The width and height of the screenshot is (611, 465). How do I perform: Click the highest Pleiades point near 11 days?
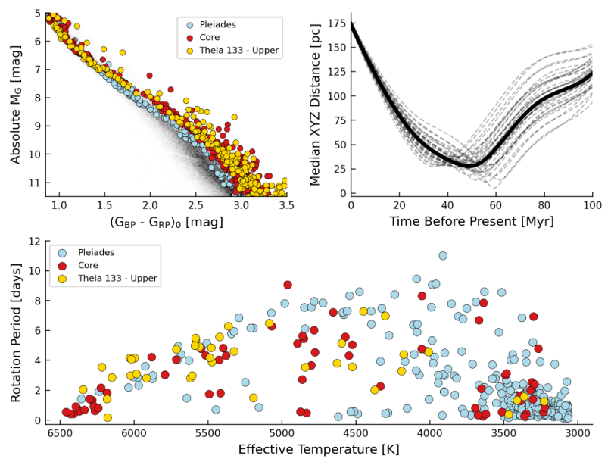click(x=443, y=256)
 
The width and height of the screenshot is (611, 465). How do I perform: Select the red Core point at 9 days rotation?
click(x=288, y=285)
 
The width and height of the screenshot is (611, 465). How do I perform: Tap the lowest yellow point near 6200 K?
click(x=108, y=417)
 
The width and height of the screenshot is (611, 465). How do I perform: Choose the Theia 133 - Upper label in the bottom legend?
click(x=117, y=278)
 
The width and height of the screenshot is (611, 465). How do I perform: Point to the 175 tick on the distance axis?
click(x=336, y=23)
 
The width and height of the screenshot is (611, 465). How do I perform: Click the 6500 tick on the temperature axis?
click(x=60, y=433)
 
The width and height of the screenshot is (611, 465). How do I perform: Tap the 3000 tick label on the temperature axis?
click(x=578, y=433)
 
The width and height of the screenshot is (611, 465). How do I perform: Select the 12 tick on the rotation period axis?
click(x=35, y=242)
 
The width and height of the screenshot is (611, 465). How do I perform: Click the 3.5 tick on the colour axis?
click(x=286, y=205)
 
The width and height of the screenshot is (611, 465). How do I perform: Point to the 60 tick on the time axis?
click(x=496, y=205)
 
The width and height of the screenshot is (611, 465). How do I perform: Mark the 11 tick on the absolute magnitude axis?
click(x=35, y=183)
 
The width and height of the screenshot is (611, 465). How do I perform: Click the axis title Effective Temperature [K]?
click(x=319, y=449)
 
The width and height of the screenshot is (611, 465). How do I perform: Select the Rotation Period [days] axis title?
click(x=16, y=333)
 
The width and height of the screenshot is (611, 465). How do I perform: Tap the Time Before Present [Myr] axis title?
click(x=472, y=221)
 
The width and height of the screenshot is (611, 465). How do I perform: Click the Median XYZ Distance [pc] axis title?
click(x=315, y=105)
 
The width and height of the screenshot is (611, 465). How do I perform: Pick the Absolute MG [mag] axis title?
click(x=16, y=105)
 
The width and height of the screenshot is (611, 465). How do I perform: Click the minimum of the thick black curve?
click(x=470, y=166)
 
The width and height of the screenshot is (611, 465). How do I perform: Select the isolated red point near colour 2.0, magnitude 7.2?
click(x=149, y=76)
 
